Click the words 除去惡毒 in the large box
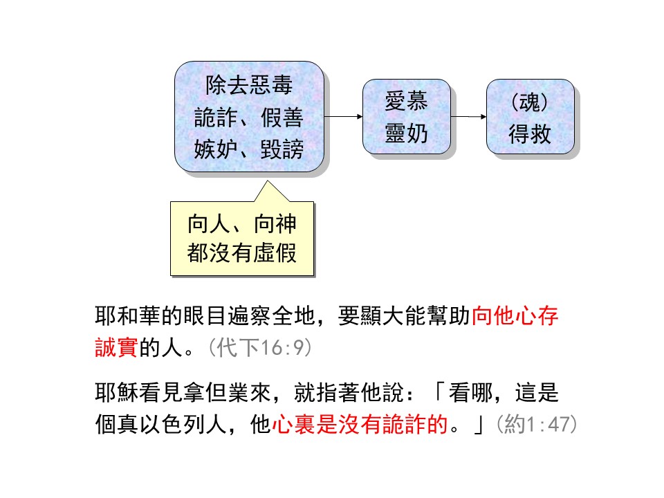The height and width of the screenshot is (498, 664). coord(249,85)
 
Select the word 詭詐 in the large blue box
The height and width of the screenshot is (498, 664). coord(216,118)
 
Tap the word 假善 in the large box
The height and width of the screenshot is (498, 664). coord(282,118)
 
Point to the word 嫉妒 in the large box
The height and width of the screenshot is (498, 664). coord(216,149)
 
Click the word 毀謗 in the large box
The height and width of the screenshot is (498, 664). coord(282,149)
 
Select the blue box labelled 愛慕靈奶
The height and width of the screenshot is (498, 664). coord(407,116)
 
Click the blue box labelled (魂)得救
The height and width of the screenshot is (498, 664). coord(531,116)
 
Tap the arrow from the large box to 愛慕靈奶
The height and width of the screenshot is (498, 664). coord(344,116)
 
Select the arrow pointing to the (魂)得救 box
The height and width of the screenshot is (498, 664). coord(468,116)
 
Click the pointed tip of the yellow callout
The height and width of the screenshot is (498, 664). coord(267,181)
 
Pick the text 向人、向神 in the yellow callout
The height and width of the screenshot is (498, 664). coord(242,223)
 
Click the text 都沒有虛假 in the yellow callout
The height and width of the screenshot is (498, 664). coord(242,253)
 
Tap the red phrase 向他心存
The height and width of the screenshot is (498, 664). coord(515,316)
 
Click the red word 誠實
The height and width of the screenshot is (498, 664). coord(117,347)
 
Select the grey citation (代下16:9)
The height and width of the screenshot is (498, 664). coord(261,348)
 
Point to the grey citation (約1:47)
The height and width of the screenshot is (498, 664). coord(537,424)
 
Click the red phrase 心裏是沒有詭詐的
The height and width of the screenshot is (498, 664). coord(360,424)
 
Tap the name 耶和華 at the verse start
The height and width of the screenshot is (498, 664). coord(128,316)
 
